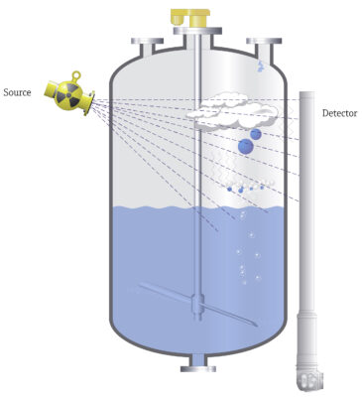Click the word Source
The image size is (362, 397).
point(17,92)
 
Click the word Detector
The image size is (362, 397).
point(339,113)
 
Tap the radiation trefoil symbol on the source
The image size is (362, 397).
point(68,94)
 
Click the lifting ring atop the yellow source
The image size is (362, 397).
point(76,75)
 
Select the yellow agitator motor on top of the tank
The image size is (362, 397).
point(191,17)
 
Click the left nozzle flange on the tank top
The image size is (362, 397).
point(147,41)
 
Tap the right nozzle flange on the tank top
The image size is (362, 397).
point(264,41)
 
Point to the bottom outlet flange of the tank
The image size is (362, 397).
point(198,368)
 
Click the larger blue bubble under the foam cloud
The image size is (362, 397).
point(246,146)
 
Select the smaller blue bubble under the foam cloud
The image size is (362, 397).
point(256,134)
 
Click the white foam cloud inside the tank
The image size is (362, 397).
point(232,111)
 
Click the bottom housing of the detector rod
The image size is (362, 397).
point(309,381)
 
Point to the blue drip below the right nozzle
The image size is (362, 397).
point(261,66)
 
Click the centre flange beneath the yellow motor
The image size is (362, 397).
point(197,31)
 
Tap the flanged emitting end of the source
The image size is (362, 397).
point(89,103)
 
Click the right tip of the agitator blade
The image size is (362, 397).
point(256,325)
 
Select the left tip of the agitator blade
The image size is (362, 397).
point(140,285)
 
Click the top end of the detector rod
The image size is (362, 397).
point(307,93)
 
